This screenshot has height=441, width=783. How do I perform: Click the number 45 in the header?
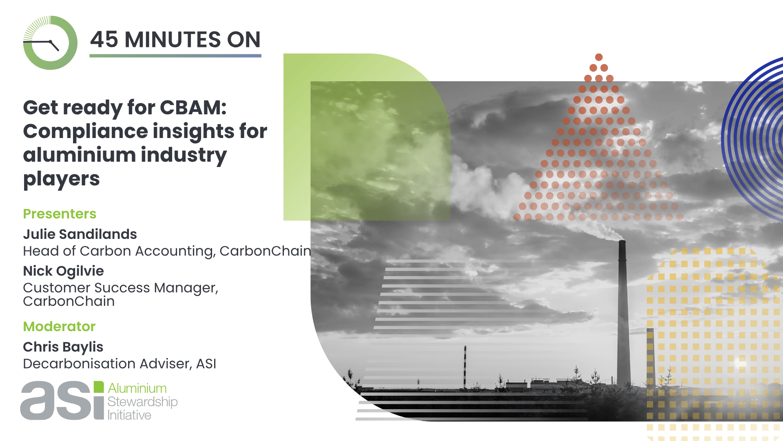click(x=104, y=40)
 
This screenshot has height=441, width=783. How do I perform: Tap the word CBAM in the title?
click(x=193, y=107)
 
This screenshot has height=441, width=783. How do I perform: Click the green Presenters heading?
click(x=60, y=214)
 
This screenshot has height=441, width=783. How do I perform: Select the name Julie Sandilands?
click(x=80, y=234)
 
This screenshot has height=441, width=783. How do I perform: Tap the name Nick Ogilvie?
click(x=64, y=271)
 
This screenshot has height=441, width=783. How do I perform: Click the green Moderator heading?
click(x=59, y=327)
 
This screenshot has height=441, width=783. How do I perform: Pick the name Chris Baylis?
click(x=63, y=347)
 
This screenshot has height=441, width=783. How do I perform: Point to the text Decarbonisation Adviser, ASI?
click(x=119, y=363)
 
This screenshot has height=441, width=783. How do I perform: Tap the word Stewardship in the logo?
click(x=142, y=402)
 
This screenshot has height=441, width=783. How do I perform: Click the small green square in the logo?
click(x=99, y=387)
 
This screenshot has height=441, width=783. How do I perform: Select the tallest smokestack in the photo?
click(x=622, y=312)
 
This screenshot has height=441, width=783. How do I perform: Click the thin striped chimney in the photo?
click(x=465, y=367)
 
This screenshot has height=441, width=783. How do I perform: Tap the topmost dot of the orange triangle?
click(x=599, y=57)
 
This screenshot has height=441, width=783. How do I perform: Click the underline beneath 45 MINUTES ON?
click(x=175, y=56)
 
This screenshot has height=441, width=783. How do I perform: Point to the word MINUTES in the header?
click(x=173, y=40)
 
